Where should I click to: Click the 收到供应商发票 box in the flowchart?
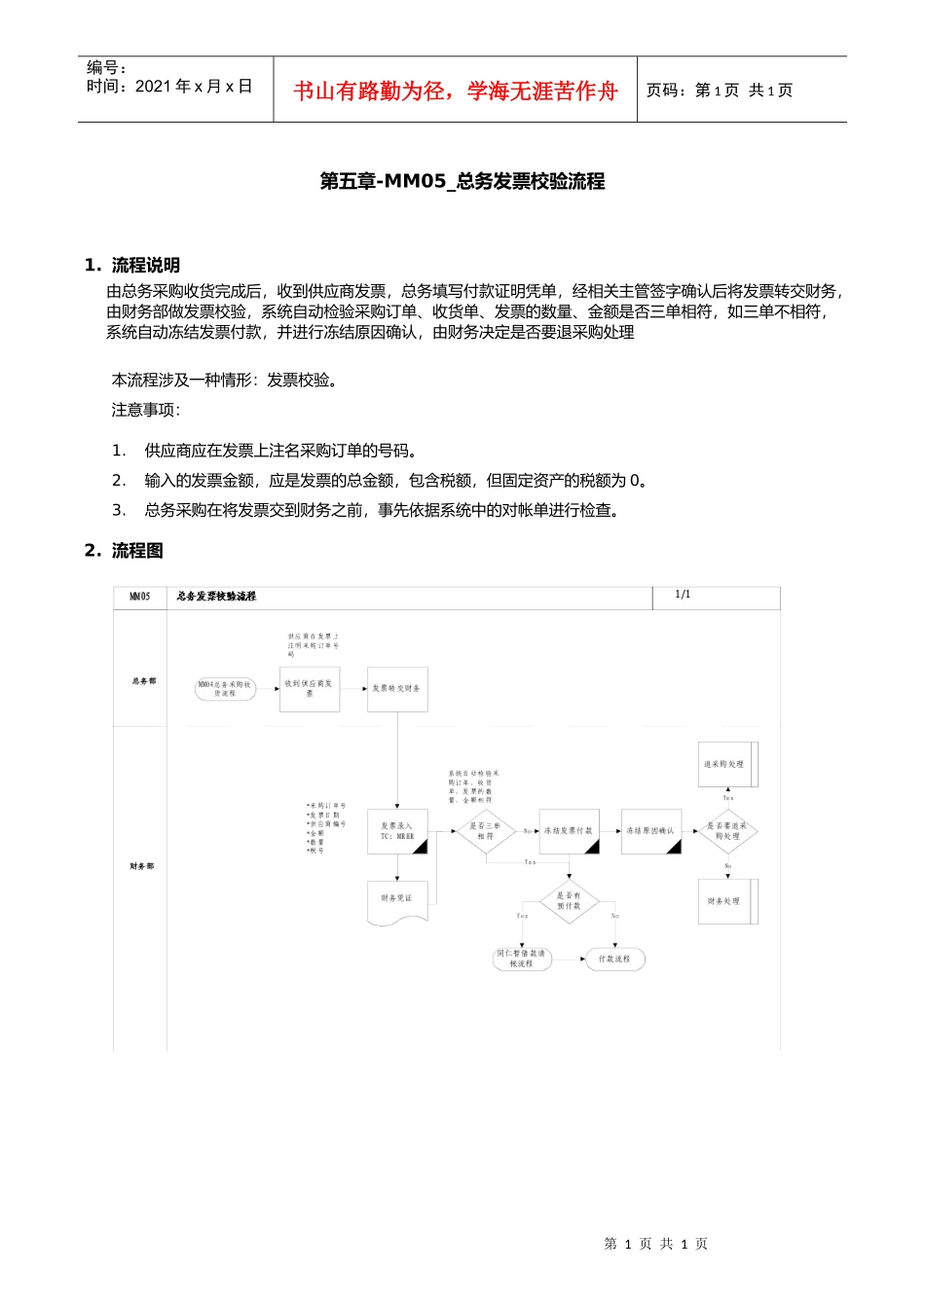coord(309,688)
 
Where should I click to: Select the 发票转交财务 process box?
coord(397,688)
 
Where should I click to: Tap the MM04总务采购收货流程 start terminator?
coord(225,689)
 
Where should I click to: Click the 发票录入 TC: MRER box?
coord(397,831)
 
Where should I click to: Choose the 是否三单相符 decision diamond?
coord(485,831)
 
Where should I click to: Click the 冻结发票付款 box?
coord(569,831)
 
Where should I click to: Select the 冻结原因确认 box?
coord(650,831)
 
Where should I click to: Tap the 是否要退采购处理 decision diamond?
coord(727,831)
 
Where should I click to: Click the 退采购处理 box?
coord(726,764)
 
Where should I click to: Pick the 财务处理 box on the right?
coord(726,901)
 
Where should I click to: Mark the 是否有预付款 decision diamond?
coord(569,900)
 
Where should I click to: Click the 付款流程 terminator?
coord(614,960)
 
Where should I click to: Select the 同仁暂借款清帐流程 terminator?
coord(522,960)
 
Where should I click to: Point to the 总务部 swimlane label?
coord(143,681)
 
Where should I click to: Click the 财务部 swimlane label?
coord(142,866)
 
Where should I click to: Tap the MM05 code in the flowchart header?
coord(140,597)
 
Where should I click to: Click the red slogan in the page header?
coord(456,91)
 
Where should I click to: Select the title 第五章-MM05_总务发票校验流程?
coord(462,181)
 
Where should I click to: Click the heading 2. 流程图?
coord(124,551)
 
